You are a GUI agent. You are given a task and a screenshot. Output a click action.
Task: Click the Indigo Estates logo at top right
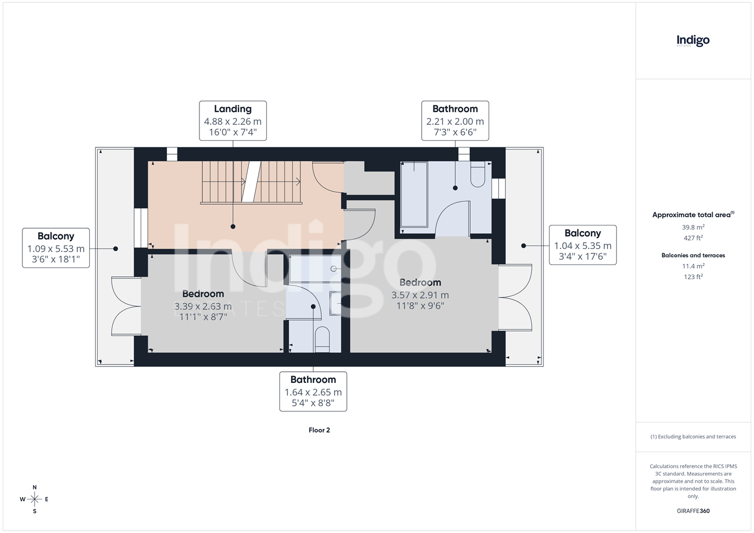[x=693, y=41]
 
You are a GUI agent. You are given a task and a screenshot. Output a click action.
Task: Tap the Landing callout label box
[x=233, y=121]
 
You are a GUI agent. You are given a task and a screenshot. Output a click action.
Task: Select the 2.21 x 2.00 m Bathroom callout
[x=455, y=121]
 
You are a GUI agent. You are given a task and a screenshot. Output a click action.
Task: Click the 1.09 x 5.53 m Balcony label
[x=56, y=248]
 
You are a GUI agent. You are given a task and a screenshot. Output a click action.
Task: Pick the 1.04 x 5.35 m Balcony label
[x=583, y=245]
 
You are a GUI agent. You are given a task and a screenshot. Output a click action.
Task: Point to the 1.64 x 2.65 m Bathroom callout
[x=313, y=391]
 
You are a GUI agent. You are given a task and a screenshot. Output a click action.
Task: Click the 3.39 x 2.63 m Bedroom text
[x=203, y=305]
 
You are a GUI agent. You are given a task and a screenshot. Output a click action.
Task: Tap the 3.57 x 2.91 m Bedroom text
[x=420, y=294]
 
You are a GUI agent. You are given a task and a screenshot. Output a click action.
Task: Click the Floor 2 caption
[x=319, y=430]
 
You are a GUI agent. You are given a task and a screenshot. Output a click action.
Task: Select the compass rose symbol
[x=34, y=499]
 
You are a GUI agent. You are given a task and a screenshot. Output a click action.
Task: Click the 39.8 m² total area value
[x=693, y=227]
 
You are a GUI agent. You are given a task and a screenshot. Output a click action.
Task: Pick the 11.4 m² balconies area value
[x=693, y=266]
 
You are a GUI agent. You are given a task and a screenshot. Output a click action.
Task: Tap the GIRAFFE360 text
[x=693, y=511]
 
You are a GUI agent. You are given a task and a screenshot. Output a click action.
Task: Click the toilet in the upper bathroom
[x=478, y=174]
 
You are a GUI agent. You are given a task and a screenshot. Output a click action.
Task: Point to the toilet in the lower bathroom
[x=322, y=339]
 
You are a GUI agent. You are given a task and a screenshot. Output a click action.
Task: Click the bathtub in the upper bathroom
[x=414, y=194]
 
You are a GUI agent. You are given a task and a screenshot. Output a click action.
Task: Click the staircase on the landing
[x=251, y=183]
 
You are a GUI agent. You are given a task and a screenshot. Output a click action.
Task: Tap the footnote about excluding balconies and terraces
[x=693, y=436]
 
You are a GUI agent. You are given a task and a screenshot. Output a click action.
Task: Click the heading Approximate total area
[x=693, y=214]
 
